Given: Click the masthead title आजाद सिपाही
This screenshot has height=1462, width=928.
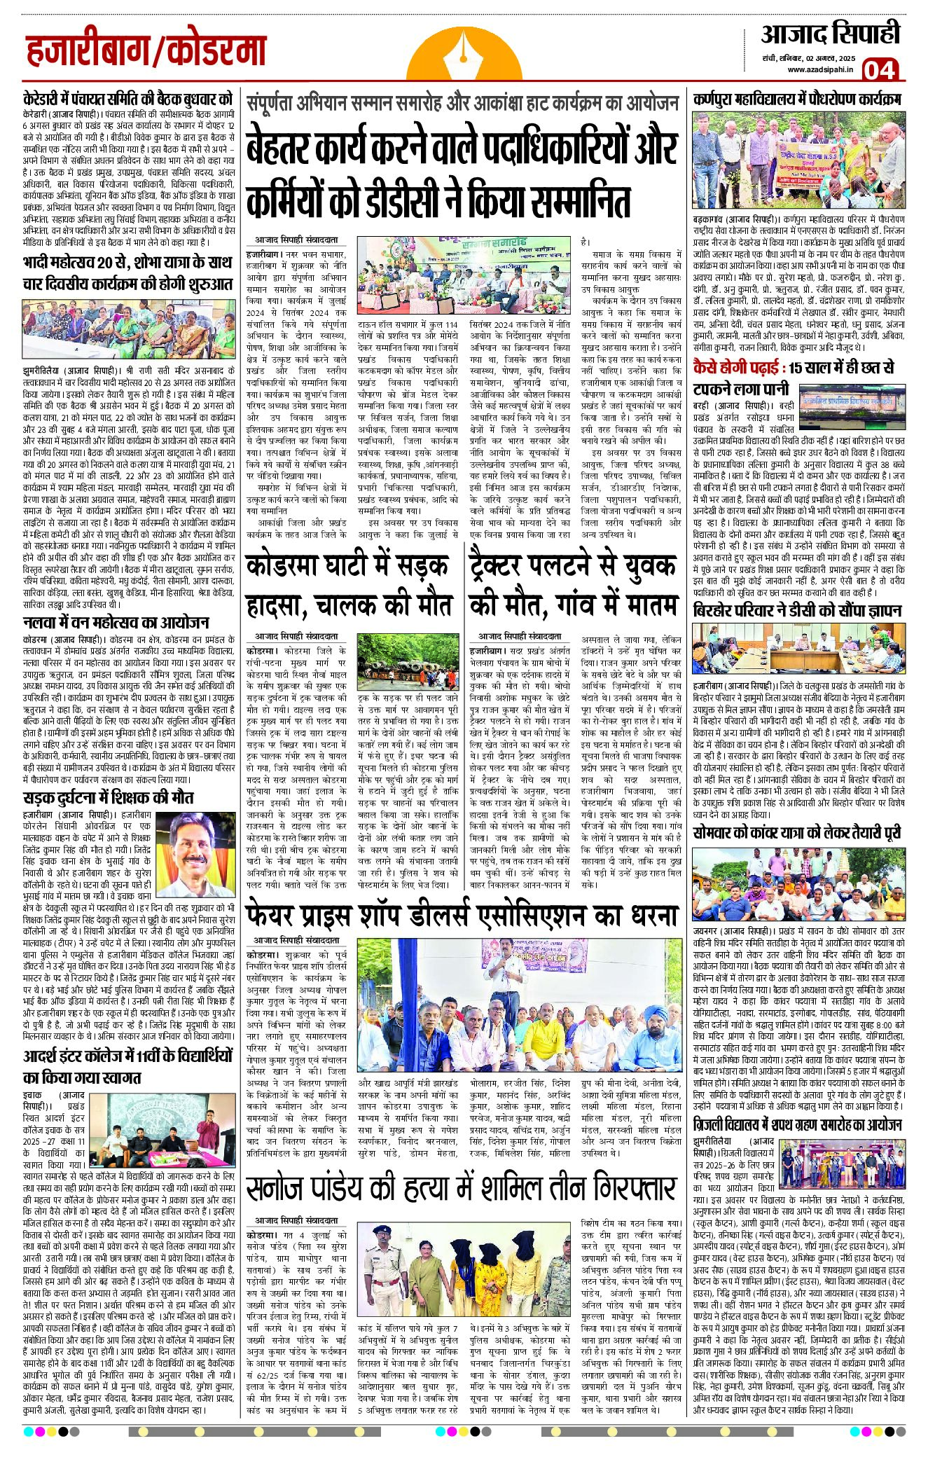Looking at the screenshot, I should [829, 33].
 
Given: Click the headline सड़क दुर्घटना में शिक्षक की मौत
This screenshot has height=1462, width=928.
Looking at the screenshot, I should [108, 797].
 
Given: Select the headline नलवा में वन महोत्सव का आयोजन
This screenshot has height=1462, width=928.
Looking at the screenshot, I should [116, 623].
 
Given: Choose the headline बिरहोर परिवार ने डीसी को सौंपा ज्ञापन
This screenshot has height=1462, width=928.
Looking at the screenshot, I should [797, 611].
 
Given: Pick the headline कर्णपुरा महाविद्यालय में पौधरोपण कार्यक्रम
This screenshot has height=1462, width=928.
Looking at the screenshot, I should [797, 99].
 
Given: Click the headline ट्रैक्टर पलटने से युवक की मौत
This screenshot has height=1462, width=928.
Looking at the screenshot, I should [574, 585].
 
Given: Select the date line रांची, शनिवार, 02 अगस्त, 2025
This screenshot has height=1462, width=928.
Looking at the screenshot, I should [809, 57].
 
